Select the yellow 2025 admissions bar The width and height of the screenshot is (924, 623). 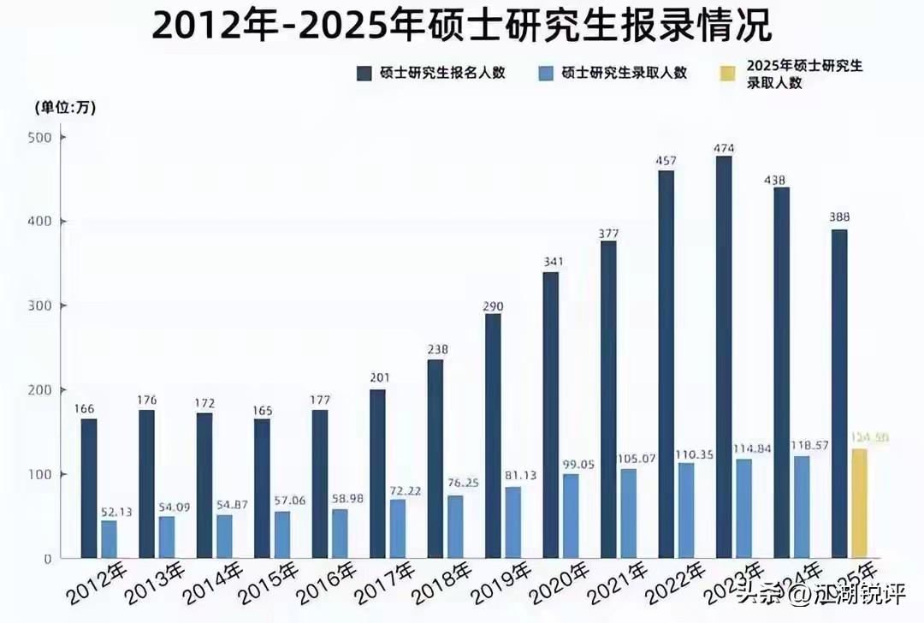pos(860,504)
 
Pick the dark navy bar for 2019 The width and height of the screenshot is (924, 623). pos(493,436)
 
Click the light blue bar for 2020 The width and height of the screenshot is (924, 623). pos(571,516)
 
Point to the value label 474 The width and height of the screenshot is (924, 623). pos(724,148)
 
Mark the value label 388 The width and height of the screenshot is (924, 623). pos(839,217)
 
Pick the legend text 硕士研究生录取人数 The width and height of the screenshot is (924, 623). pos(625,73)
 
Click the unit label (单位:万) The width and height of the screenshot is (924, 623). pos(65,108)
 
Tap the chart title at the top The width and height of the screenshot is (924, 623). pos(462,26)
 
